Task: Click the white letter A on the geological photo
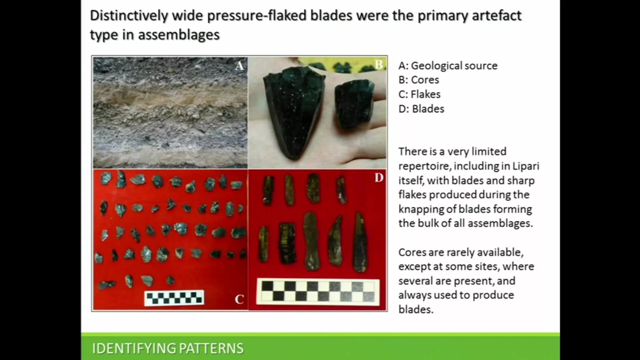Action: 239,66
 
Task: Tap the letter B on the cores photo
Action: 378,65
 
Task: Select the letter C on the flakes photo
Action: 239,299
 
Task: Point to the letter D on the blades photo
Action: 379,178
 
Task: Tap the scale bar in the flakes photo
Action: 174,298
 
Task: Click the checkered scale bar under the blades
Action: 318,292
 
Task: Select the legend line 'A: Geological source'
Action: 448,66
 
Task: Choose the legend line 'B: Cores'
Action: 419,80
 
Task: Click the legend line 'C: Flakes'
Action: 419,94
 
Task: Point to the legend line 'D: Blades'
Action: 421,109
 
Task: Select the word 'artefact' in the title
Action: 497,16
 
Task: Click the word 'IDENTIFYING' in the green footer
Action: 134,348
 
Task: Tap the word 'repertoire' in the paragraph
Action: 425,166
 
